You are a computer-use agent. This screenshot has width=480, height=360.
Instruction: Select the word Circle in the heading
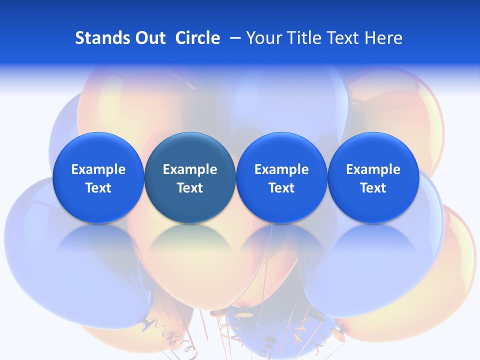(x=197, y=38)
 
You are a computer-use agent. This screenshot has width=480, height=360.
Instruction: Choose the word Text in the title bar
(x=346, y=38)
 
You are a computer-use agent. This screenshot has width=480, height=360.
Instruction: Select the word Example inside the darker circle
(x=190, y=169)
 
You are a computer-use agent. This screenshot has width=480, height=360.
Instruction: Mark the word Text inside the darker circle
(x=190, y=188)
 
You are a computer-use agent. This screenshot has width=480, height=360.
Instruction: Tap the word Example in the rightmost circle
(x=373, y=169)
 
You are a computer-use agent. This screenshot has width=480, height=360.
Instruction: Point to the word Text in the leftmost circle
(x=98, y=188)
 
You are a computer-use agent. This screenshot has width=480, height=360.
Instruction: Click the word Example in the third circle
(x=281, y=169)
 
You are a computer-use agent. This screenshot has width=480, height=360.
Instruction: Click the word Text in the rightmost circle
(x=373, y=188)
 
